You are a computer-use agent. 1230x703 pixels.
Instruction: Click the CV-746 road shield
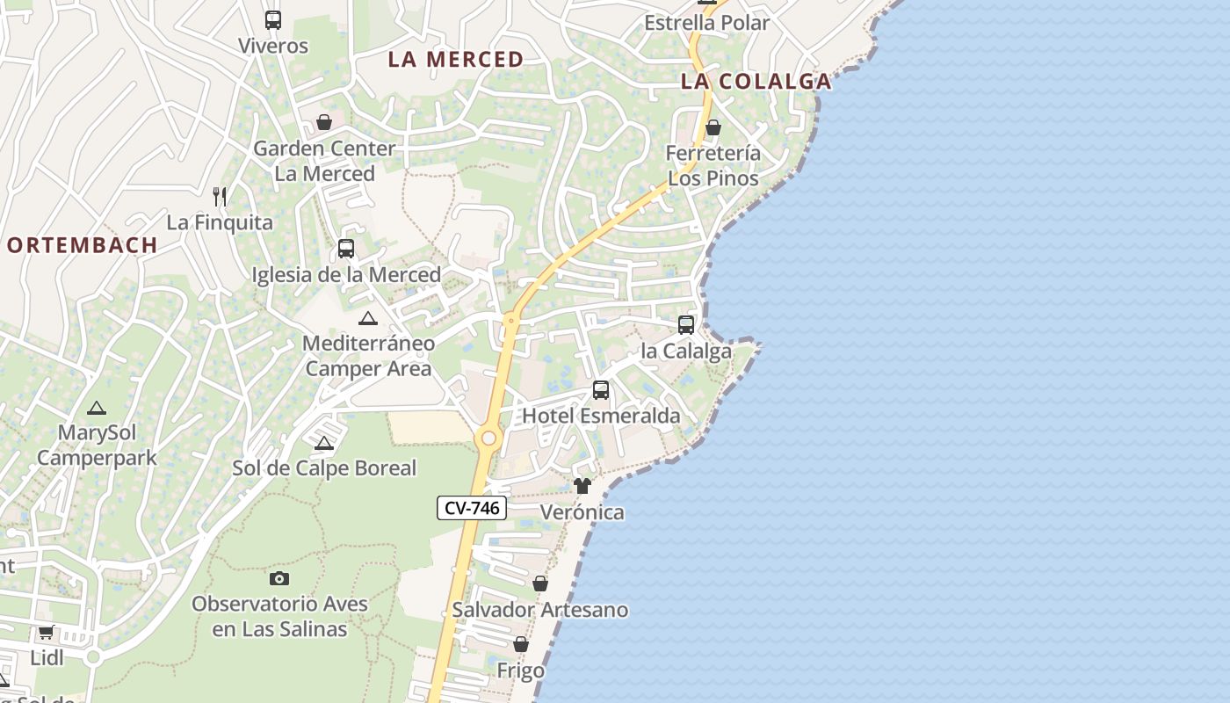point(472,508)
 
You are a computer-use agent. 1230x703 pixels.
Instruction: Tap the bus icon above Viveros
point(273,20)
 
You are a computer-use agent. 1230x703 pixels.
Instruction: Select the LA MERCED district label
point(456,60)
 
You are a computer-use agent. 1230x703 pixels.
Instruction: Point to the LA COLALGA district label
point(756,82)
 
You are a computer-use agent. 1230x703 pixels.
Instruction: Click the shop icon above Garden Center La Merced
point(324,122)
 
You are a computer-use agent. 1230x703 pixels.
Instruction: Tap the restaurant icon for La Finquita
point(220,197)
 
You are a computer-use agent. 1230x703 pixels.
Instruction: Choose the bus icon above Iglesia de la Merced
point(346,249)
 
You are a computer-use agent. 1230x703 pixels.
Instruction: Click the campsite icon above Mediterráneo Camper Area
point(367,318)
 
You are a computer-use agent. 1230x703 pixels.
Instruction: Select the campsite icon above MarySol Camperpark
point(96,408)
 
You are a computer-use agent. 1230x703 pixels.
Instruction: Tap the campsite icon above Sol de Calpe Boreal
point(324,443)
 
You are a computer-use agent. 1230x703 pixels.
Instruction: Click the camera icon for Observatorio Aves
point(279,578)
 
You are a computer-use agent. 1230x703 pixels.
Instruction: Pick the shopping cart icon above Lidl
point(47,632)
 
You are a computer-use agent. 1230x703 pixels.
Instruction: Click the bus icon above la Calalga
point(686,325)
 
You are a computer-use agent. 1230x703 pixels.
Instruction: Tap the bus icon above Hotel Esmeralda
point(601,390)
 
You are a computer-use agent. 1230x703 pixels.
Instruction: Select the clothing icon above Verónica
point(582,486)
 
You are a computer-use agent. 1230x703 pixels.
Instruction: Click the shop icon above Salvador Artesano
point(540,583)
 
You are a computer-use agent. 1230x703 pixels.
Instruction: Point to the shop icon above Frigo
point(521,645)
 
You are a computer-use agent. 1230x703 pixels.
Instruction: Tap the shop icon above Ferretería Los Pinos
point(713,128)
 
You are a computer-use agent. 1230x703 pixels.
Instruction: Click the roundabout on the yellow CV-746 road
point(488,438)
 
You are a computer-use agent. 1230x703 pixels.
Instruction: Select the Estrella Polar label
point(706,23)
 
